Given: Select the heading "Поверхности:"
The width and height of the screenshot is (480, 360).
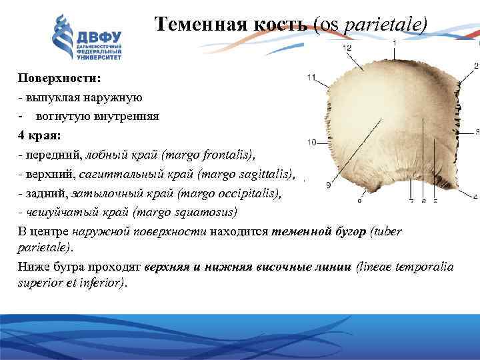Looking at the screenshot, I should (x=59, y=78).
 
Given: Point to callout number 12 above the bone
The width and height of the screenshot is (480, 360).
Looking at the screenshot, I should (x=347, y=49).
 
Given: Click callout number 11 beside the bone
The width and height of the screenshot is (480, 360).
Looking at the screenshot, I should (x=311, y=78).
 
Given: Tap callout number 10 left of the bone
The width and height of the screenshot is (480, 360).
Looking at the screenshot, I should (x=311, y=143).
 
